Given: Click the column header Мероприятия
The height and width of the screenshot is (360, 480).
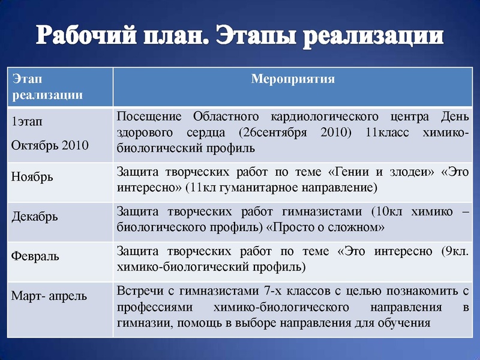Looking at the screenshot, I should [293, 79].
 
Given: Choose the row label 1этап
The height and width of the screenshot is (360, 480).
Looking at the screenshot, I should [28, 121].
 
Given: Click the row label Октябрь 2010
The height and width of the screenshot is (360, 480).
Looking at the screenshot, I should [50, 145].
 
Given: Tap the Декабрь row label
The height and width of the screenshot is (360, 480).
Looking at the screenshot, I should [35, 216].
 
